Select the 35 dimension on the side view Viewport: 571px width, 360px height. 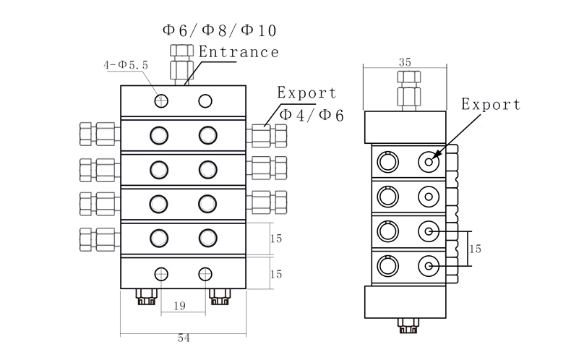[405, 63]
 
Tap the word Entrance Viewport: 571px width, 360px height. [239, 52]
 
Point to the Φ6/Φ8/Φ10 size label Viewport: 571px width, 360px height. [219, 30]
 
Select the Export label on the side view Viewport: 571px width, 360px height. [491, 105]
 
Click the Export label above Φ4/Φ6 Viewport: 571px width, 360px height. [307, 93]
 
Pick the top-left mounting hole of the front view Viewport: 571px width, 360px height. [161, 100]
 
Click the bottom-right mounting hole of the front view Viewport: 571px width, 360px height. [206, 273]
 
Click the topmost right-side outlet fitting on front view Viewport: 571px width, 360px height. [268, 134]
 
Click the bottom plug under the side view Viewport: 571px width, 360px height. [405, 325]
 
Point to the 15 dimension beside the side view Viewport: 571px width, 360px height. [475, 249]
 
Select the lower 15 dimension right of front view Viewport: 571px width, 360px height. [276, 275]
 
